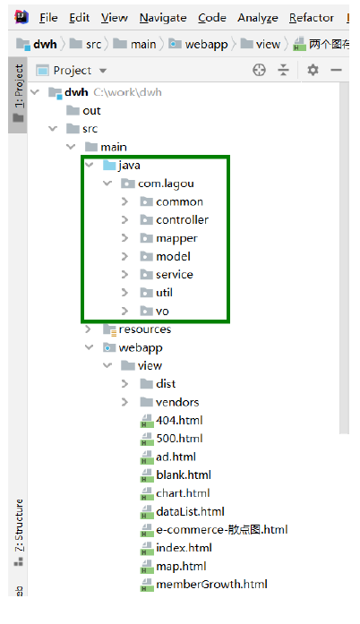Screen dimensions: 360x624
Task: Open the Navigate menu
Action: coord(163,18)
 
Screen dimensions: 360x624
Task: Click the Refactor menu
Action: coord(312,18)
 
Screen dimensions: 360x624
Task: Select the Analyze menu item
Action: coord(258,18)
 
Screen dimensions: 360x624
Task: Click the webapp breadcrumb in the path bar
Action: coord(206,44)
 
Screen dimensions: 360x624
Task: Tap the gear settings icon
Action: coord(313,70)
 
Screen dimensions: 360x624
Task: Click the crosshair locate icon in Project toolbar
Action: coord(259,70)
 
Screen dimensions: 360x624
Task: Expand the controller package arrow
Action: coord(124,219)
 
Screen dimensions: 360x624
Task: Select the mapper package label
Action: coord(176,238)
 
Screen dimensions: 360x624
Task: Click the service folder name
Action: coord(175,275)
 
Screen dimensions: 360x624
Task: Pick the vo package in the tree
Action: coord(162,312)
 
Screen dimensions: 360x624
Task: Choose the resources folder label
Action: coord(145,329)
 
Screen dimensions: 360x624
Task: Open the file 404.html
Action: coord(179,420)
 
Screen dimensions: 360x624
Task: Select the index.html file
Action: coord(184,548)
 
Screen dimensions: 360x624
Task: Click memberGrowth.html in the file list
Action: coord(211,585)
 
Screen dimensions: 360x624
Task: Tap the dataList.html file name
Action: coord(190,511)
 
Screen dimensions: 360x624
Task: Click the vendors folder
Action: coord(177,402)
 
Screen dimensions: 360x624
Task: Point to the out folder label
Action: coord(91,111)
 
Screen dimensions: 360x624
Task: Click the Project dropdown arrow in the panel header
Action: coord(103,71)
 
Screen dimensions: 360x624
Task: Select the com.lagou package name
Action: coord(166,184)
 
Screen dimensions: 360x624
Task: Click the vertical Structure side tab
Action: coord(19,526)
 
